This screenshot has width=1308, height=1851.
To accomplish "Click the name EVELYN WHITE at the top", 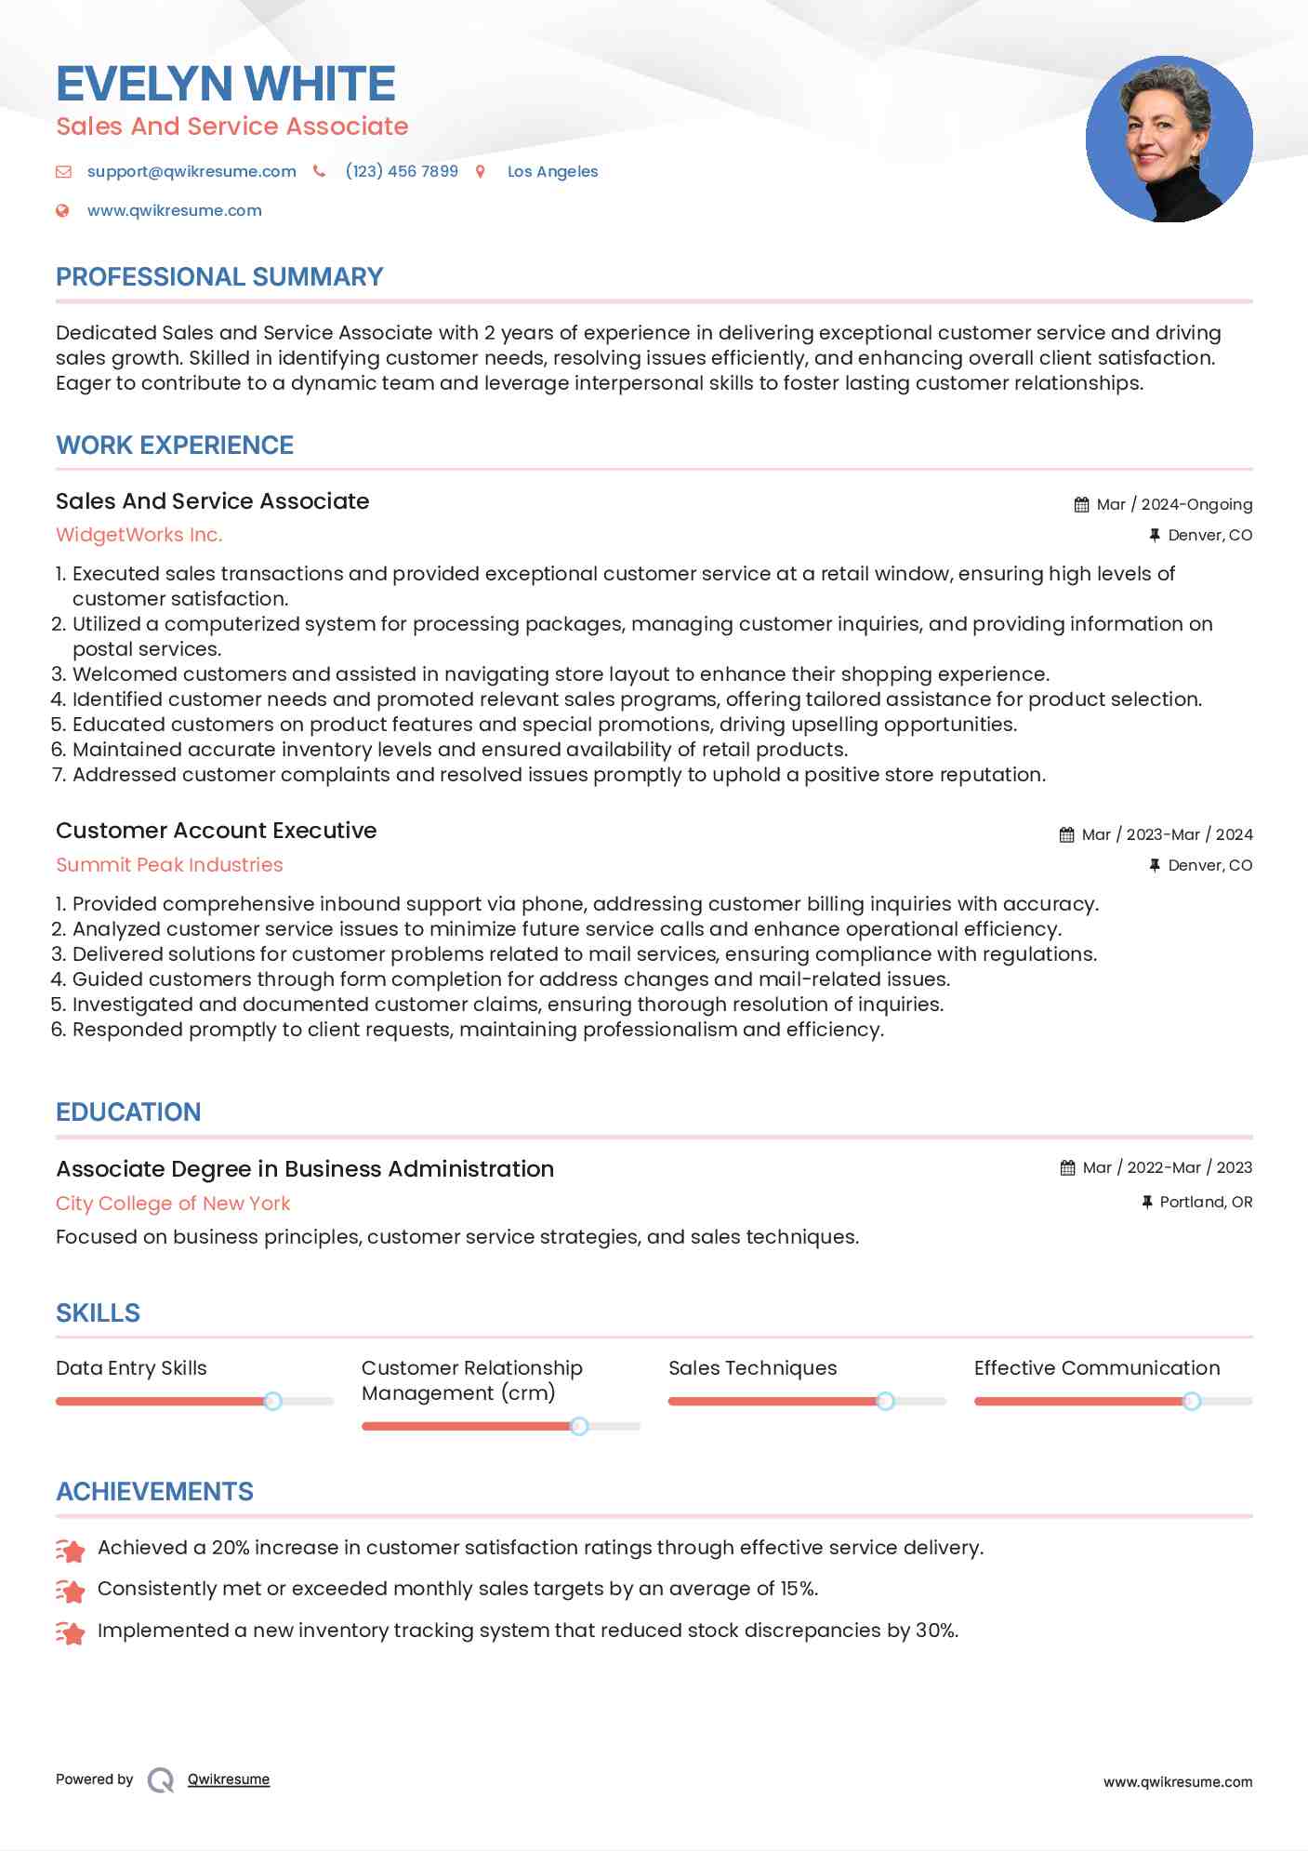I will tap(226, 84).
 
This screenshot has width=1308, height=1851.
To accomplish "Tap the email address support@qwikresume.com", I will tap(192, 171).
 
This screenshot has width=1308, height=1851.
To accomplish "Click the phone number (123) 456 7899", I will tap(401, 171).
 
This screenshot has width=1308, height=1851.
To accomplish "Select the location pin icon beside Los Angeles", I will tap(481, 171).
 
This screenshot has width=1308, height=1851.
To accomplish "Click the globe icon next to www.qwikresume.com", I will tap(62, 210).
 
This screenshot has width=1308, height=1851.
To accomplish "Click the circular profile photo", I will tap(1169, 140).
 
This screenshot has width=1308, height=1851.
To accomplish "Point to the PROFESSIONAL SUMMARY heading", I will tap(219, 277).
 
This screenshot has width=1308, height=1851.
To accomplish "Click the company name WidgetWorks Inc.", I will tap(139, 535).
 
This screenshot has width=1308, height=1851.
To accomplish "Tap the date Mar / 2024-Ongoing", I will tap(1173, 504).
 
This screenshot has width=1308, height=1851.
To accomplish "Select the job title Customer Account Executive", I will tap(216, 831).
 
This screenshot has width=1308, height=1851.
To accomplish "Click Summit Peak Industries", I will tap(169, 865).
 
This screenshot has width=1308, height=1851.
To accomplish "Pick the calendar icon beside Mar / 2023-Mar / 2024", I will tap(1066, 835).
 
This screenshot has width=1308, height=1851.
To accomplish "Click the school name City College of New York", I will tap(173, 1204).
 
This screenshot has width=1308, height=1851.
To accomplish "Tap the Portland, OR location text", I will tap(1206, 1202).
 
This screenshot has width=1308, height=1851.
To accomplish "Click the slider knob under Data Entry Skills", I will tap(272, 1401).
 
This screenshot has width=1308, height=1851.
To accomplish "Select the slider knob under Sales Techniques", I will tap(885, 1401).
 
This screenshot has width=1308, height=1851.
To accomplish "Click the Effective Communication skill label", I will tap(1096, 1368).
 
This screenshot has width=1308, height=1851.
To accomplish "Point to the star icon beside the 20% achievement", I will tap(71, 1550).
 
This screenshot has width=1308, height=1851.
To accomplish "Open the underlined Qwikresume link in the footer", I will tap(229, 1779).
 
